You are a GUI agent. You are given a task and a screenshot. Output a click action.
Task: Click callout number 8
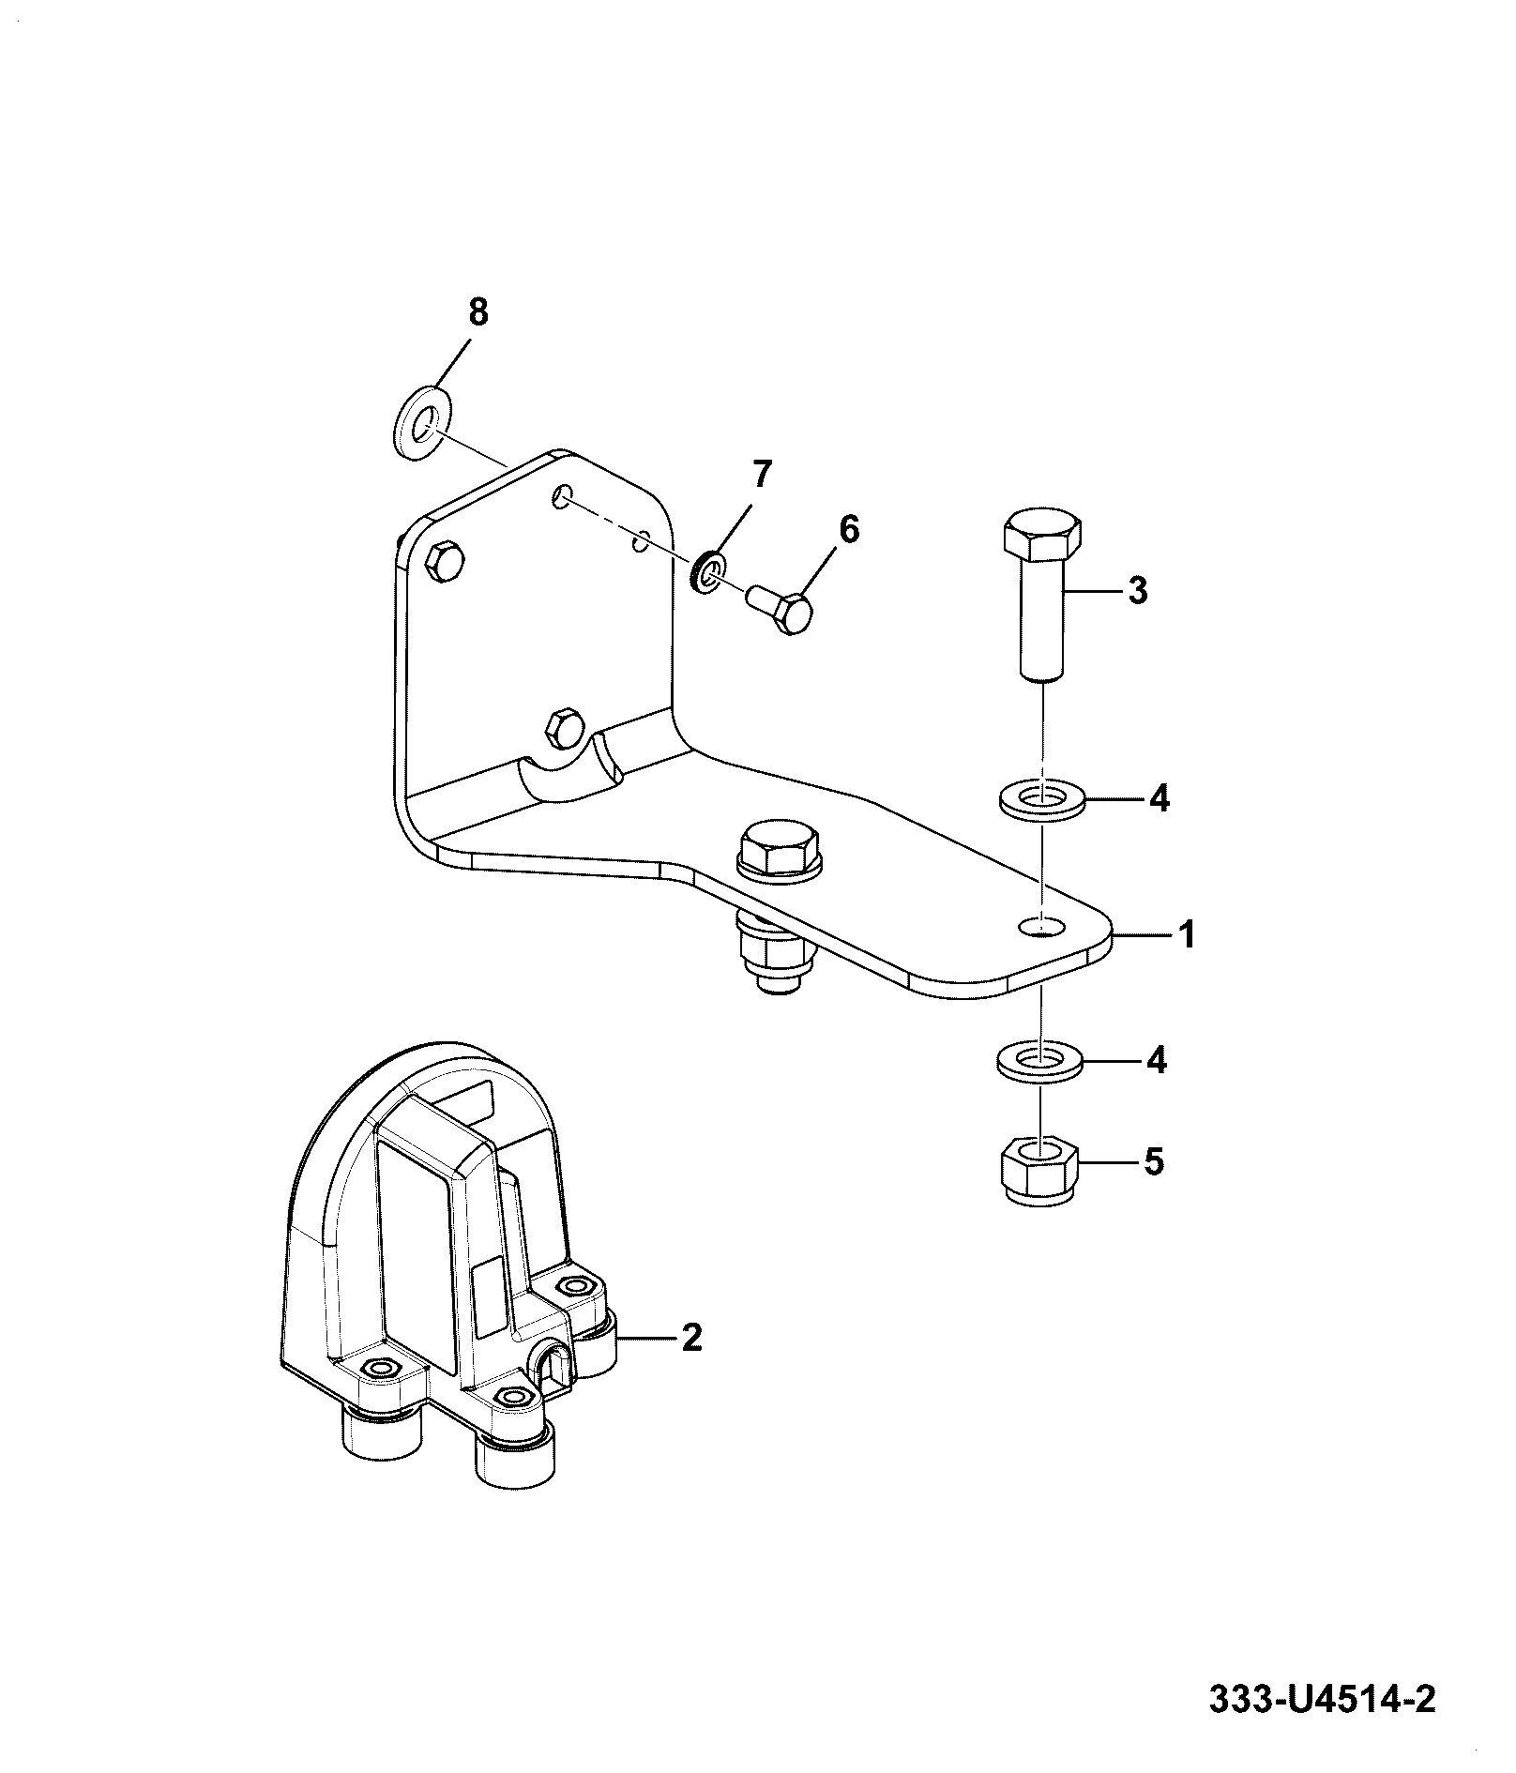pos(478,312)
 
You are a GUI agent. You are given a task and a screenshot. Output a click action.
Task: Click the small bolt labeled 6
pos(780,610)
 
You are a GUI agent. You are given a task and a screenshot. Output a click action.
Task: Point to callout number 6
pos(848,529)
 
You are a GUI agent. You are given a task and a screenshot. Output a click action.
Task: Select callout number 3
pos(1137,591)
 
